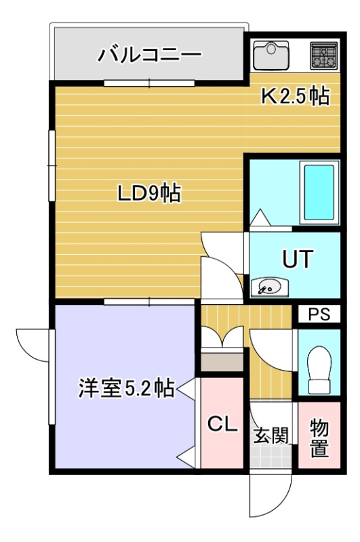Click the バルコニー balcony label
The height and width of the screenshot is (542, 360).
[x=149, y=55]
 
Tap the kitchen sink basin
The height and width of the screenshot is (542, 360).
[x=271, y=56]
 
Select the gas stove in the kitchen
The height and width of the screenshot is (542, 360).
[x=323, y=55]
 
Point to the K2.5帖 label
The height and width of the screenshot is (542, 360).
[x=295, y=96]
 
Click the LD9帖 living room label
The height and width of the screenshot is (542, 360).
[x=149, y=194]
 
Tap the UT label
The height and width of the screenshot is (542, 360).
[x=298, y=259]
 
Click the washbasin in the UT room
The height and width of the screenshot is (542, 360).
[x=270, y=287]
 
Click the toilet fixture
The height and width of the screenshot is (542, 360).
[x=319, y=369]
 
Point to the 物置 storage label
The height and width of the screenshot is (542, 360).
[x=319, y=438]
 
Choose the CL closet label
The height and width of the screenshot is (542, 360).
[x=222, y=423]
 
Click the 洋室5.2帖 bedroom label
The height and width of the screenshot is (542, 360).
[x=126, y=388]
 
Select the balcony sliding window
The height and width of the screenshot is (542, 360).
[x=149, y=83]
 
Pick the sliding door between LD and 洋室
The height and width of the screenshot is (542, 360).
[x=149, y=301]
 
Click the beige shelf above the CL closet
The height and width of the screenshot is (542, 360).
[x=222, y=362]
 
